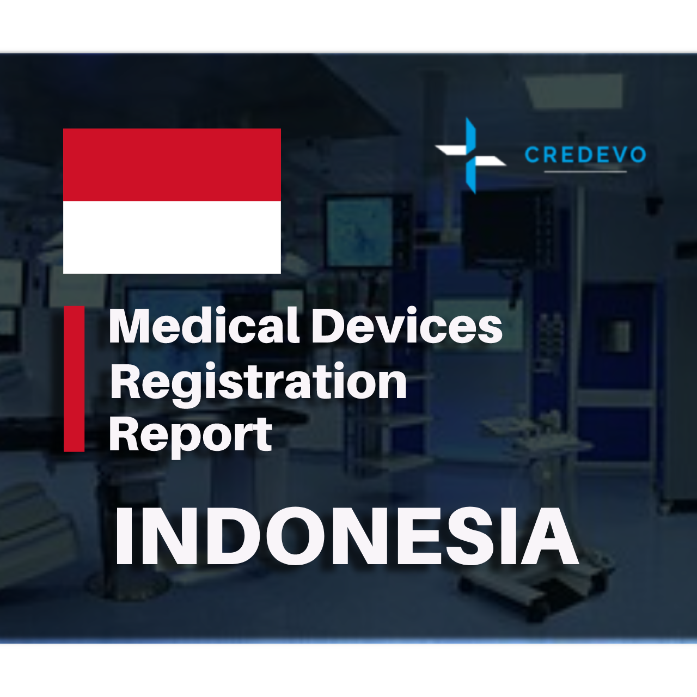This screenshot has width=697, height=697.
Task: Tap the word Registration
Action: [258, 383]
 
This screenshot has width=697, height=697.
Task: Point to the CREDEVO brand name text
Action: [585, 155]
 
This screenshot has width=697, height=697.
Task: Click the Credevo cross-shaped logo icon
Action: [471, 155]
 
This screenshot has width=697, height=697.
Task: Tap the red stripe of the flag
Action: [172, 165]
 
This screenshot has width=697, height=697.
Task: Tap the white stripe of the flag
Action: [172, 237]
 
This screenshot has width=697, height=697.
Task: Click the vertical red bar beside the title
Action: [74, 378]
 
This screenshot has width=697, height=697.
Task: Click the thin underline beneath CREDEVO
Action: [585, 172]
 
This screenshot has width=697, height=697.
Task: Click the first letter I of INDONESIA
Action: [125, 536]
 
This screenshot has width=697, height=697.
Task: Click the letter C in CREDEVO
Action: [533, 155]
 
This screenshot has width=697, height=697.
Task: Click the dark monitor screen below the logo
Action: [506, 229]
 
